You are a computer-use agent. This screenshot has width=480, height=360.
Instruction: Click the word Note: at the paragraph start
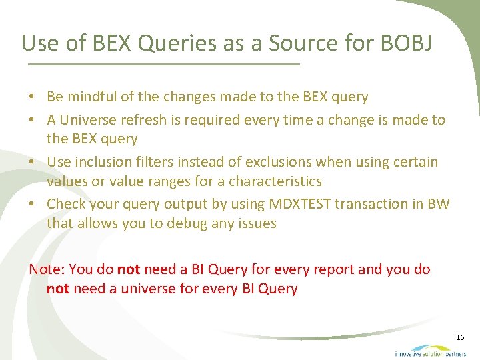[x=47, y=269]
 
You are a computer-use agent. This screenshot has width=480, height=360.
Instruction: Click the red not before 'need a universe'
[x=58, y=289]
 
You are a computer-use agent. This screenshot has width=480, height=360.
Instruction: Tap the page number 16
[x=460, y=338]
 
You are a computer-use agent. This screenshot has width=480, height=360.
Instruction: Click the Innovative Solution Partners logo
[x=431, y=350]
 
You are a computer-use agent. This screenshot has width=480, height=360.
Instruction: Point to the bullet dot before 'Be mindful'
[x=32, y=97]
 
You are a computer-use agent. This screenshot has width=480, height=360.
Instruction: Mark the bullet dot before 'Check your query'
[x=32, y=205]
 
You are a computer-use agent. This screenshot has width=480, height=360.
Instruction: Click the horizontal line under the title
[x=164, y=65]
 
